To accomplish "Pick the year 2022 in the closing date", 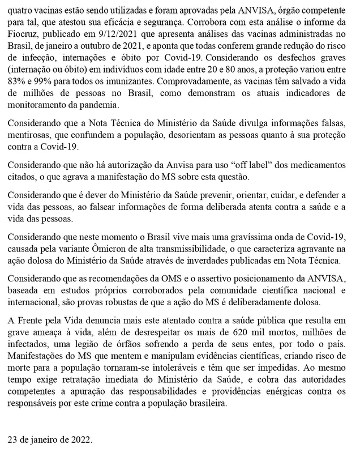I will coord(79,439).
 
